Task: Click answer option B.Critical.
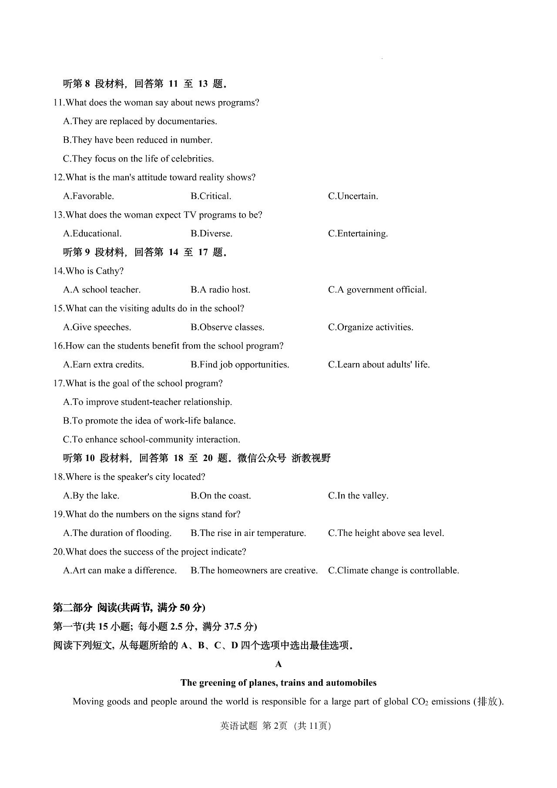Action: pos(211,196)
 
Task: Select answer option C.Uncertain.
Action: pos(353,196)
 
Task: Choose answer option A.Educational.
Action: pos(92,234)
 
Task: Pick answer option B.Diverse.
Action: pos(211,234)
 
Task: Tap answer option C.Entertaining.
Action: pos(358,234)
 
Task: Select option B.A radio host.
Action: pos(220,290)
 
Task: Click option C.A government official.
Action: pos(377,290)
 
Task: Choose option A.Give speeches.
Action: pos(97,327)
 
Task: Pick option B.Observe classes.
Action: pos(227,327)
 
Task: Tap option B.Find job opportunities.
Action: pos(240,365)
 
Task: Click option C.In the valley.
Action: pos(358,496)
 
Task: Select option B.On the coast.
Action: pos(221,496)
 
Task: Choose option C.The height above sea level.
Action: pos(386,533)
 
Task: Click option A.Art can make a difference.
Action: pos(120,571)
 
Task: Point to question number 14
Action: pos(58,271)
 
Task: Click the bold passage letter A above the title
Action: pos(278,664)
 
